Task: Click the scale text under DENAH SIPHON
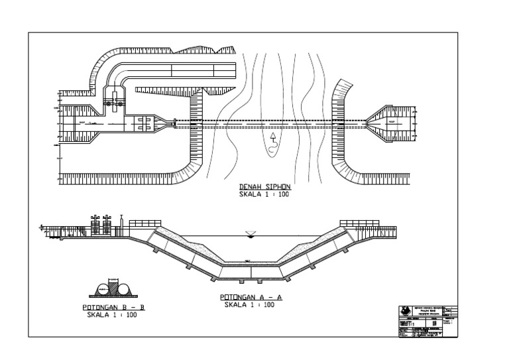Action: coord(265,195)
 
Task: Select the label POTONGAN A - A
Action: coord(251,298)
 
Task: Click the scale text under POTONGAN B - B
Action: coord(112,315)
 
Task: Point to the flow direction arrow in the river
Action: coord(272,139)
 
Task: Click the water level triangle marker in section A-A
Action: coord(249,233)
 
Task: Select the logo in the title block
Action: coord(405,311)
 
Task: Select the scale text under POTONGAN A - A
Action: coord(249,305)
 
